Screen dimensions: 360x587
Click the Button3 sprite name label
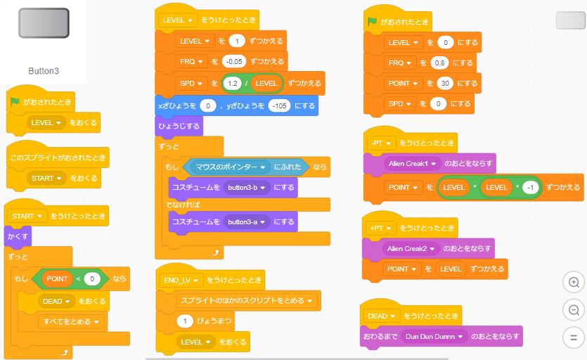tap(44, 71)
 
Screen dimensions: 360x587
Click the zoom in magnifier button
tap(574, 283)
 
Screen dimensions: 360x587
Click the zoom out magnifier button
tap(574, 310)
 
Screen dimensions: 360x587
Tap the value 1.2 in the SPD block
tap(231, 83)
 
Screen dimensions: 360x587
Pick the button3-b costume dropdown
tap(247, 188)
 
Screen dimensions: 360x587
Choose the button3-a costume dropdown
tap(247, 221)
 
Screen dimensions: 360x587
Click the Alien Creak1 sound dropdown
tap(411, 164)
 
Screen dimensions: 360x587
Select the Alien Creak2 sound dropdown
tap(411, 248)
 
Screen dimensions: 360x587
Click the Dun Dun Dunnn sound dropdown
tap(436, 337)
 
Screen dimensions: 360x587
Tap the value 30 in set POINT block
tap(444, 83)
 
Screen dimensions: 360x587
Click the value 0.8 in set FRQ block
tap(440, 63)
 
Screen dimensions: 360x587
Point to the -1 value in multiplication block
tap(531, 188)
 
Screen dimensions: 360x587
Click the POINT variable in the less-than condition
tap(57, 278)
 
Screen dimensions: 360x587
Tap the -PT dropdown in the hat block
tap(382, 143)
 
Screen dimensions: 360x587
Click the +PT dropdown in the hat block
tap(382, 228)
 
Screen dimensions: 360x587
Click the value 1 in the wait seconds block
tap(184, 321)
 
